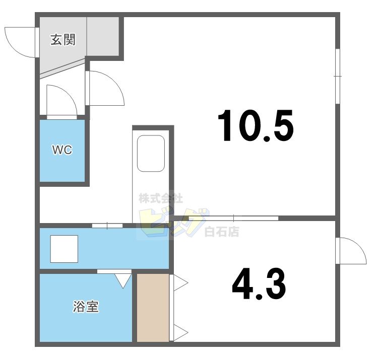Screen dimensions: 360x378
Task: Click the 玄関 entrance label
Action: coord(63,40)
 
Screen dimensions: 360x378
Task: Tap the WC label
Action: coord(63,150)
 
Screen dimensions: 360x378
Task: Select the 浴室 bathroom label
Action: coord(86,307)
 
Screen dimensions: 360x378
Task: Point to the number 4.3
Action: coord(259,284)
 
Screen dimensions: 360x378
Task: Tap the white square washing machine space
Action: coord(64,249)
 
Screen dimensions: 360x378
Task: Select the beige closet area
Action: coord(153,308)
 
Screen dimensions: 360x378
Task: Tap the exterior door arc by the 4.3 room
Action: coord(352,250)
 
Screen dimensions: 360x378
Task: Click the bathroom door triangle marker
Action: coord(122,280)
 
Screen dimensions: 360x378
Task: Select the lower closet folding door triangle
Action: coord(180,333)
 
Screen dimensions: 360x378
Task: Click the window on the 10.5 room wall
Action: coord(338,76)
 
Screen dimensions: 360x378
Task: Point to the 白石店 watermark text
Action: coord(221,232)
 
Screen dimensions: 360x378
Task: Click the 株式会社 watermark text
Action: coord(161,199)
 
